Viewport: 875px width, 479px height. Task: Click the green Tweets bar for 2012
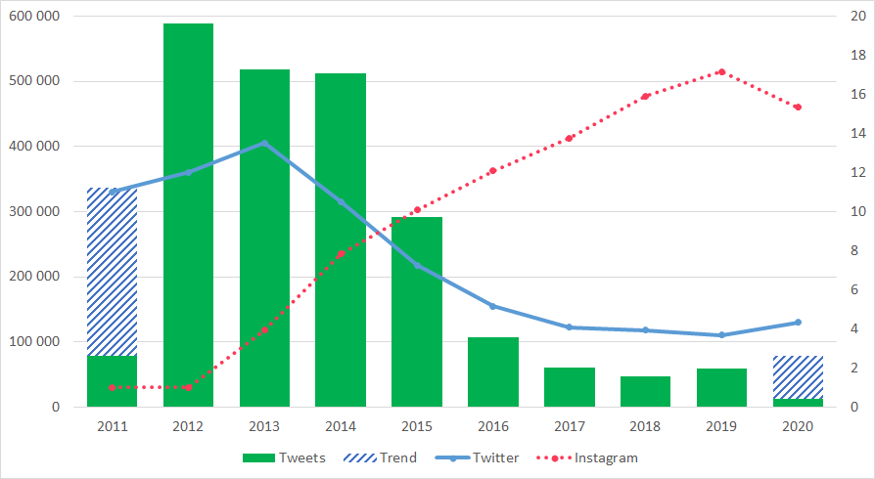pos(188,215)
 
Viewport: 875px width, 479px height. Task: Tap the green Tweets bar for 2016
pos(493,371)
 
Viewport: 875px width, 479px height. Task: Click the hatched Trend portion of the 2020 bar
pos(799,377)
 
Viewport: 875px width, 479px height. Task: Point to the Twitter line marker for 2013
pos(264,143)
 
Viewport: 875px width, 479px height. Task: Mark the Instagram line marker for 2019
pos(721,72)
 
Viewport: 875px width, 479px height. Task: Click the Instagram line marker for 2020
pos(798,107)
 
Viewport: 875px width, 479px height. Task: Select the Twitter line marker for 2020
pos(798,323)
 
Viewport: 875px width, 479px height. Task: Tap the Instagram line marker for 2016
pos(493,170)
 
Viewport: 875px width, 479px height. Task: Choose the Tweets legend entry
pos(283,457)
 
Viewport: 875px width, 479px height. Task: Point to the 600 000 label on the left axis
pos(32,17)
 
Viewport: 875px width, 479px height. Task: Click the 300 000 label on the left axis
pos(32,211)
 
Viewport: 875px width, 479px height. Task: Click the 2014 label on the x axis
pos(341,426)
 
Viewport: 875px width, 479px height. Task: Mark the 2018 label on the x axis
pos(645,426)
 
